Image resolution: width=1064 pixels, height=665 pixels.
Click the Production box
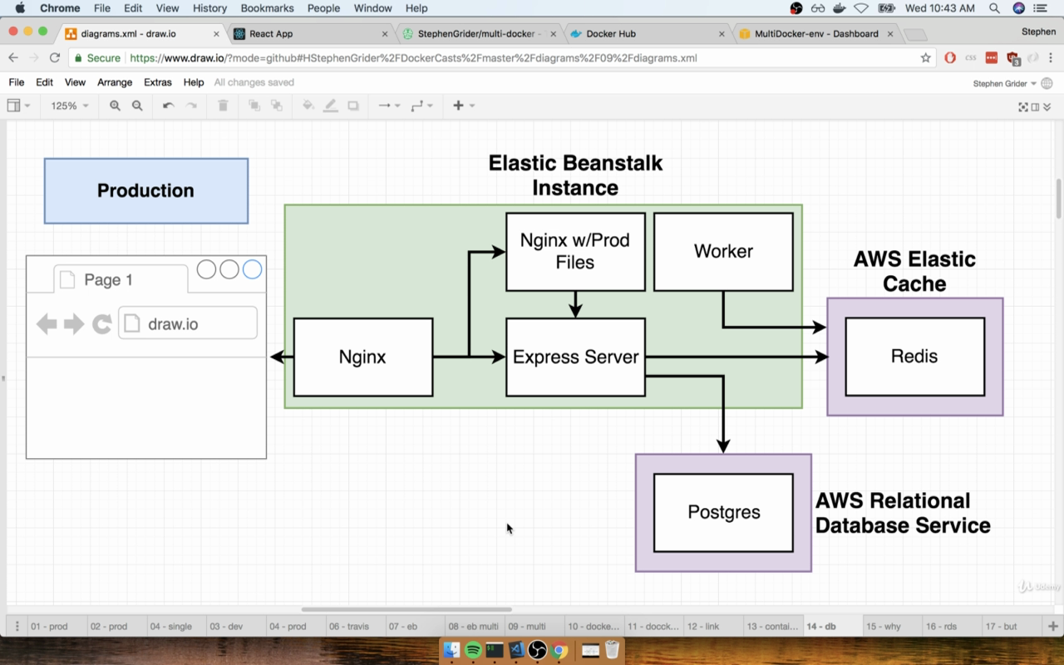coord(146,191)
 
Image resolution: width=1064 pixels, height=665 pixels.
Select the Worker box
coord(723,252)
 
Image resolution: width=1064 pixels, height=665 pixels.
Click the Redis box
coord(915,357)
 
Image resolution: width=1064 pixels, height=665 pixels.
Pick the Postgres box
coord(723,513)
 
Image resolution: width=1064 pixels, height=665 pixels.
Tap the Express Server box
coord(576,357)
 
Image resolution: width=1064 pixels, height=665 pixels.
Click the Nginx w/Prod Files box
coord(576,252)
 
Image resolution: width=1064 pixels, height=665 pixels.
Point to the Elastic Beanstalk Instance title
coord(575,175)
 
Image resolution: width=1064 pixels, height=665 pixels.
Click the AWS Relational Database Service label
coord(903,513)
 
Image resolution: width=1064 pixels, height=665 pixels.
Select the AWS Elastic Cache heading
coord(914,271)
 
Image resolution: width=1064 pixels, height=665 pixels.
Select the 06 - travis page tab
coord(348,626)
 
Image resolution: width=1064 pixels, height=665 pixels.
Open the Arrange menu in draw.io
coord(115,82)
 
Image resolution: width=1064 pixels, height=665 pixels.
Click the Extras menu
coord(158,82)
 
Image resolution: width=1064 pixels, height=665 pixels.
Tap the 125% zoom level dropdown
coord(69,106)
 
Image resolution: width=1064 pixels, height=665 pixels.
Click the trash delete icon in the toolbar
coord(223,106)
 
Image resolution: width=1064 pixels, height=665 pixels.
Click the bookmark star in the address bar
coord(925,58)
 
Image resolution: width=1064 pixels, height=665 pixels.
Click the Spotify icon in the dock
coord(473,650)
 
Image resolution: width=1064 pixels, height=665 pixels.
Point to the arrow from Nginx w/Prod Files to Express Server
coord(576,304)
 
